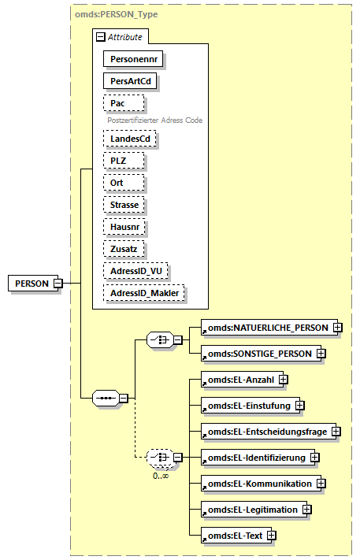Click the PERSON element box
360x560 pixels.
click(x=32, y=284)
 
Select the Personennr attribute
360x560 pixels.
click(x=126, y=58)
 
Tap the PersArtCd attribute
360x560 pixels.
click(x=125, y=80)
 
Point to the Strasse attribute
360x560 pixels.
click(x=124, y=205)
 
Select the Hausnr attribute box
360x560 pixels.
click(x=124, y=227)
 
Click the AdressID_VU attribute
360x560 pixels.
click(x=135, y=271)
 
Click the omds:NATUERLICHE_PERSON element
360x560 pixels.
click(x=266, y=327)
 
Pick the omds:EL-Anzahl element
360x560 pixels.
click(x=239, y=380)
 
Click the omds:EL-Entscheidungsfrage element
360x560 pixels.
click(x=265, y=432)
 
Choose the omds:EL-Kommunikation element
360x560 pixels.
click(x=260, y=483)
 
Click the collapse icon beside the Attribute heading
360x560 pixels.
click(x=100, y=36)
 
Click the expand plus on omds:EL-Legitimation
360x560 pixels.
click(x=307, y=510)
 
